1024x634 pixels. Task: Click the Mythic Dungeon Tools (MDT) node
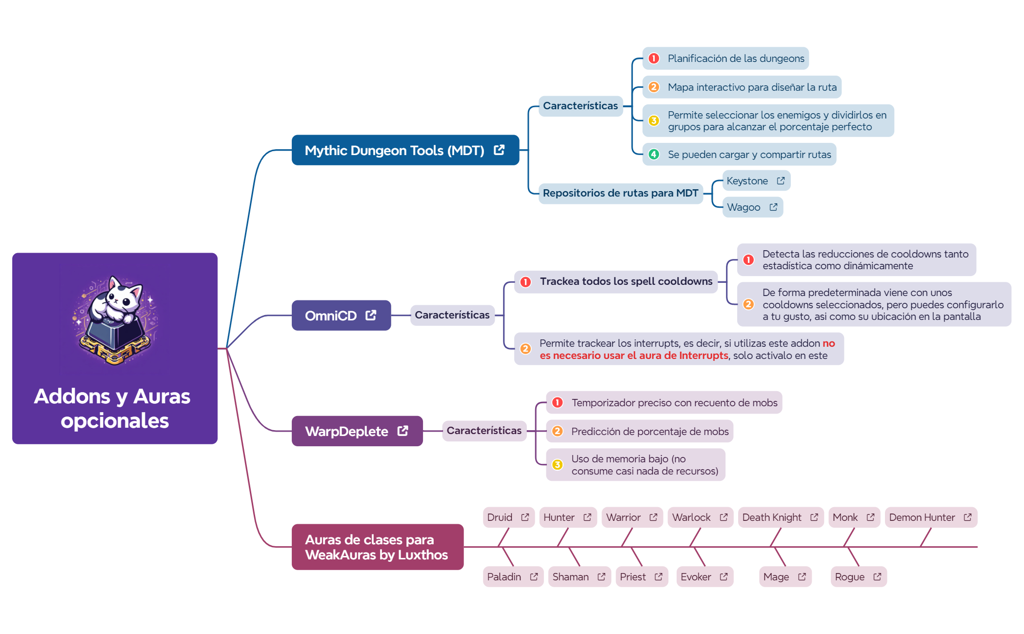394,150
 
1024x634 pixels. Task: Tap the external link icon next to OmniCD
371,316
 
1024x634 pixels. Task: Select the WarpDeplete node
346,431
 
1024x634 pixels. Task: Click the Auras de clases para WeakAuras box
377,547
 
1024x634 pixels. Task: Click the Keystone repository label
747,181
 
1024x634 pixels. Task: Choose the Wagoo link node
743,207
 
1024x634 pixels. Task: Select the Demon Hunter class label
922,517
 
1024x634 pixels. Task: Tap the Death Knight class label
772,517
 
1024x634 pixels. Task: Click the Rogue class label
849,577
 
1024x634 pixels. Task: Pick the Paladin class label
504,577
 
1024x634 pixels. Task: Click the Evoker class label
696,577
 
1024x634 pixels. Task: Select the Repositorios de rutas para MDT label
620,193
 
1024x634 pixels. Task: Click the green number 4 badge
654,155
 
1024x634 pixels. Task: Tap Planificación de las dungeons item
736,59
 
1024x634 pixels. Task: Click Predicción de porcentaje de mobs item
650,432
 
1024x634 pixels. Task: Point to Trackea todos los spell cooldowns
626,281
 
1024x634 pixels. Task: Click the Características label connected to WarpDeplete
484,431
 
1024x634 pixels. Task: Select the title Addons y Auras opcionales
113,409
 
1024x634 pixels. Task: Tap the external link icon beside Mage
802,577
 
